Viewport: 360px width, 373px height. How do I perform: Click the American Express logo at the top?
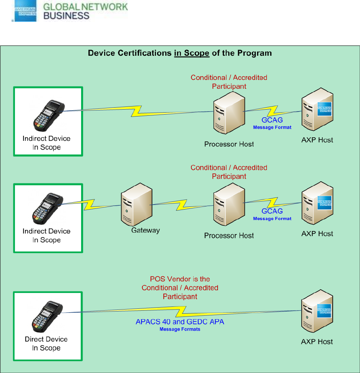coord(25,11)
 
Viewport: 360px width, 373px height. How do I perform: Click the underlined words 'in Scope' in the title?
coord(191,53)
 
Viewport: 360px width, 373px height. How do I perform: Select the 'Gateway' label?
coord(145,230)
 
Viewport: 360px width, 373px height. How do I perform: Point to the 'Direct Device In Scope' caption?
coord(46,344)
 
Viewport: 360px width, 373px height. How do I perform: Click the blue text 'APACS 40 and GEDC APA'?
coord(180,321)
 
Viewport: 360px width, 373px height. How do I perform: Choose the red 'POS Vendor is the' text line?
coord(180,279)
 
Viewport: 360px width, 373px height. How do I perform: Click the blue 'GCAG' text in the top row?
coord(272,120)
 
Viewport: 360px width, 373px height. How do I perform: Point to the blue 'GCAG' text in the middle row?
coord(272,211)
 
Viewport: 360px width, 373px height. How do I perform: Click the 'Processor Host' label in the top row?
coord(229,144)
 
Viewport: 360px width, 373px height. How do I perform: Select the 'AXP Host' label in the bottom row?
coord(317,342)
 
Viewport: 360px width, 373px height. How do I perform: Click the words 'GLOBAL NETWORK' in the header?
coord(86,7)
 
